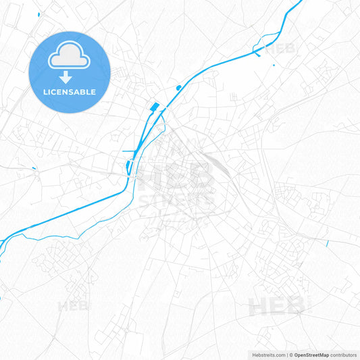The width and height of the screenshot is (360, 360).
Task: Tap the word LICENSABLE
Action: [70, 92]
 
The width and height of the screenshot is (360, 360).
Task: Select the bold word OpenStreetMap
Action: [311, 355]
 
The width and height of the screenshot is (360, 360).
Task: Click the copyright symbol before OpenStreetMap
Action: [290, 355]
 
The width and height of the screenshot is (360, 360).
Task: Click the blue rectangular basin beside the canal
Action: [154, 106]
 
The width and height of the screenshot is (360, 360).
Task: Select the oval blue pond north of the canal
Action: [178, 87]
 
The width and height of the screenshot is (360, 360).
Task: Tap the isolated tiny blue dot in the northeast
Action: [274, 65]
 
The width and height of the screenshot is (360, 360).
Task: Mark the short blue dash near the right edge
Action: [327, 243]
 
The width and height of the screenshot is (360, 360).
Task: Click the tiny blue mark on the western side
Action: [34, 167]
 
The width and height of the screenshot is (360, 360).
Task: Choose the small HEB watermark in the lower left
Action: [74, 306]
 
